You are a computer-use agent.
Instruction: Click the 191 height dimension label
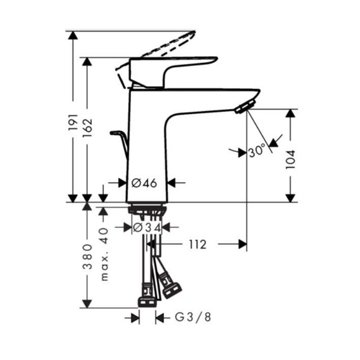pos(73,122)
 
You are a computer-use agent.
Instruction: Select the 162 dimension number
pos(87,128)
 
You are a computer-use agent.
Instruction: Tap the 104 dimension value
pos(290,159)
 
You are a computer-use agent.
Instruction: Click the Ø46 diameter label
pos(144,183)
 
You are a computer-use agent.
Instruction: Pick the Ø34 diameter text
pos(147,228)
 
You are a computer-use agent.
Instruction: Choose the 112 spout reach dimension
pos(198,245)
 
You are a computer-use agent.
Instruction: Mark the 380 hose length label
pos(87,257)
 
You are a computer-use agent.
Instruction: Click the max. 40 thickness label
pos(104,254)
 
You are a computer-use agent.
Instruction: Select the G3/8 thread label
pos(193,317)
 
